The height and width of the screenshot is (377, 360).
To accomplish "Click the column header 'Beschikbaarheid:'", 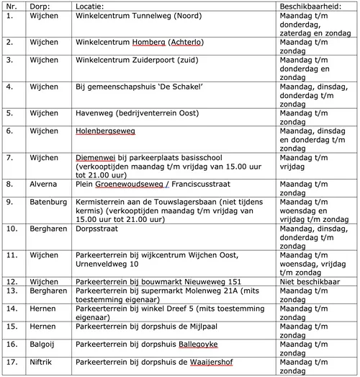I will point(307,6).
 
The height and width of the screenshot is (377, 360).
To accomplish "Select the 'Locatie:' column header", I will point(90,6).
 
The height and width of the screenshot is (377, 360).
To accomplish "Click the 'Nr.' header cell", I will point(11,6).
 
